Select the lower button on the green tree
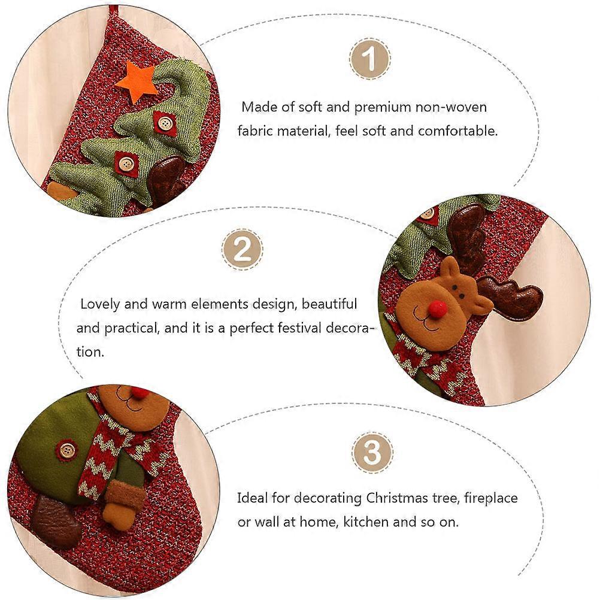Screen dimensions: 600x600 tap(126, 164)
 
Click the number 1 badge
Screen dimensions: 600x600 tap(370, 59)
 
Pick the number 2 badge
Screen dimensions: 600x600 tap(243, 250)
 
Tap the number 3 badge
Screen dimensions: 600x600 tap(372, 453)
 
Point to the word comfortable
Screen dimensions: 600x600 tap(457, 131)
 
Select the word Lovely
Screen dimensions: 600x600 tap(100, 305)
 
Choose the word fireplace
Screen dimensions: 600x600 tap(490, 499)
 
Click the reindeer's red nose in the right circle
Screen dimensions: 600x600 tap(437, 309)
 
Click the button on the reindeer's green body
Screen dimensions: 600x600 tap(67, 450)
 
